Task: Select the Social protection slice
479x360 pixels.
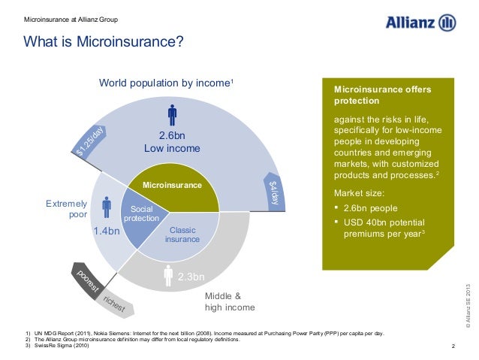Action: pos(142,213)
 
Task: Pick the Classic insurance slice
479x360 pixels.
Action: pos(182,234)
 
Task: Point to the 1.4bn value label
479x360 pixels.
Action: pos(107,231)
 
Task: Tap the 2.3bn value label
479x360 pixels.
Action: pos(191,277)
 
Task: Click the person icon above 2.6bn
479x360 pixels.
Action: pos(172,114)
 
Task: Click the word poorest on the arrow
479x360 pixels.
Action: pos(87,281)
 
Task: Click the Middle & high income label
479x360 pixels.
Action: pos(230,301)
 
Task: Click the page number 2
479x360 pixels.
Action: pos(453,345)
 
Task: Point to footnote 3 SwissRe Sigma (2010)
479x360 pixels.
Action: pos(62,345)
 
